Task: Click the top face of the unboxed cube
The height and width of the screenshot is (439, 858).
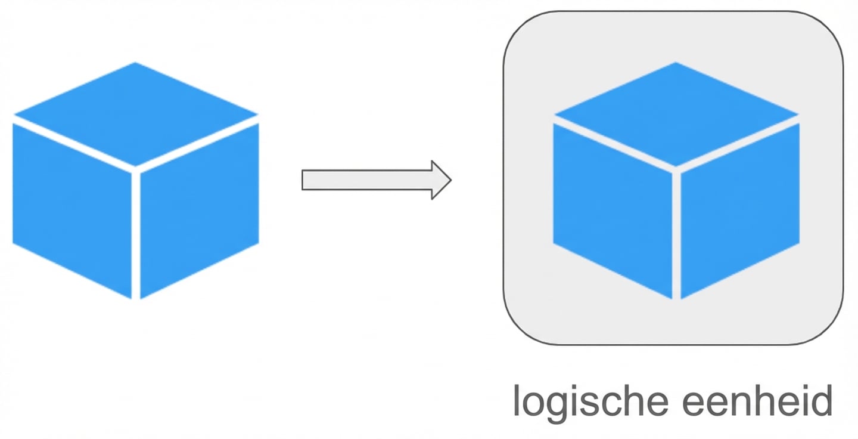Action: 136,113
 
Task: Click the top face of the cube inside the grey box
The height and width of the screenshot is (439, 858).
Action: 676,113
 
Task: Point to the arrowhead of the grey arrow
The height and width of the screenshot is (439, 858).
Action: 440,180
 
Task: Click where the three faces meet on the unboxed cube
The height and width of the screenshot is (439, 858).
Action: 136,171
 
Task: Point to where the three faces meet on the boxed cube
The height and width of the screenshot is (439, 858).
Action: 676,171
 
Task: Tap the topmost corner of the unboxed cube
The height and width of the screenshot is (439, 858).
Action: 136,63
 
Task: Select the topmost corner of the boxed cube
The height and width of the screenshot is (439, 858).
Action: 676,63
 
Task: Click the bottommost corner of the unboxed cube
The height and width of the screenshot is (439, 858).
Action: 136,298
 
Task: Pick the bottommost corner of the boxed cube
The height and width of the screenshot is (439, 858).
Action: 676,298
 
